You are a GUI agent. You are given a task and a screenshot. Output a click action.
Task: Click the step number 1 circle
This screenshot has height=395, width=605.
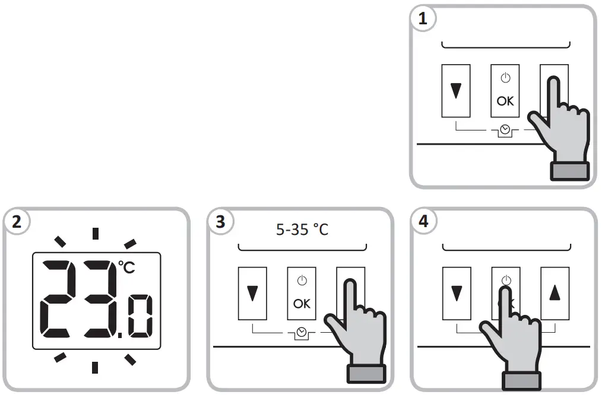click(423, 19)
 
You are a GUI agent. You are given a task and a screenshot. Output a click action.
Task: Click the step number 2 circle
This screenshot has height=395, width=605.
click(16, 222)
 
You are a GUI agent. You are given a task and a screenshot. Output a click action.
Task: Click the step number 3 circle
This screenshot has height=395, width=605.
click(220, 222)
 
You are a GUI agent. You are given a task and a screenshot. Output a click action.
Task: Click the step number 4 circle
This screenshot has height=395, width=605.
click(423, 222)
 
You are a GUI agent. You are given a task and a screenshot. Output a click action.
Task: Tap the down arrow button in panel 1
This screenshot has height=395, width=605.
click(456, 91)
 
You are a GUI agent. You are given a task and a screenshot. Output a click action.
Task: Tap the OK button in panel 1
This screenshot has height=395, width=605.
click(505, 91)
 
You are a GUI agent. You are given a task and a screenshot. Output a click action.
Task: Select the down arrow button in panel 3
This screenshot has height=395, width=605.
click(252, 293)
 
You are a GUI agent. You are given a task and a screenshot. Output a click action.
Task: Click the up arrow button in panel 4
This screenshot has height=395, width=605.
click(555, 293)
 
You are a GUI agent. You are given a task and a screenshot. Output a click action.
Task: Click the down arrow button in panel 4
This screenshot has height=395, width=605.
click(456, 293)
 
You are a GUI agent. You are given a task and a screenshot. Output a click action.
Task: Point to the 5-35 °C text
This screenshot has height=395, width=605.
click(302, 230)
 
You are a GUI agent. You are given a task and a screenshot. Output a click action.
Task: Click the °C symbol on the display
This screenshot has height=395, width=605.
click(125, 267)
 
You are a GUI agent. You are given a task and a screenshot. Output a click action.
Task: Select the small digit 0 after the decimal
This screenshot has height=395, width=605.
click(140, 317)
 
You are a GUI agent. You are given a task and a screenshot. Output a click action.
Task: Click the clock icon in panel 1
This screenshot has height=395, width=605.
click(505, 129)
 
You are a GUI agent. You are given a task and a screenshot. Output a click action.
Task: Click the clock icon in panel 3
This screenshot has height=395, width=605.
click(302, 332)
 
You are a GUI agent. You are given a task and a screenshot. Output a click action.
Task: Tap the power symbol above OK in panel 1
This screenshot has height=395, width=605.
click(505, 78)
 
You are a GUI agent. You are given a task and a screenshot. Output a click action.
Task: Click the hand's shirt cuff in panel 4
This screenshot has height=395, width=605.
click(521, 381)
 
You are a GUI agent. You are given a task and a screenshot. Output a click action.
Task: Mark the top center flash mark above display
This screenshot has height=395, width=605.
click(95, 233)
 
